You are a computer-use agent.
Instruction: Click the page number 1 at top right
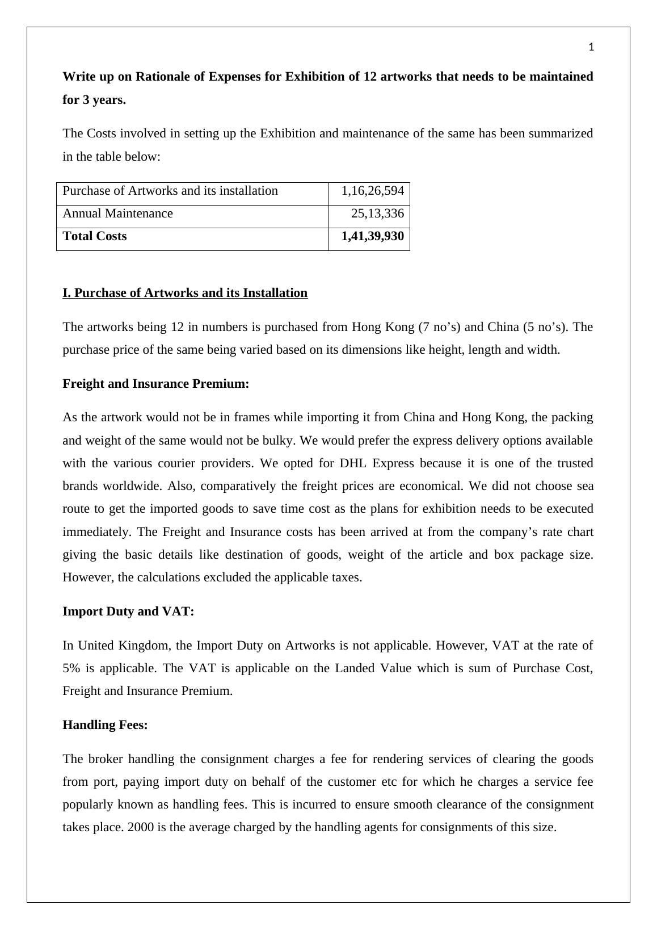591,48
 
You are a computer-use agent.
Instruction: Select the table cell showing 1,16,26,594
372,191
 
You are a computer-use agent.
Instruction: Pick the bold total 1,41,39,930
372,236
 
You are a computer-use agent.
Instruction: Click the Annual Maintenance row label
117,213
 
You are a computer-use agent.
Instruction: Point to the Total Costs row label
95,236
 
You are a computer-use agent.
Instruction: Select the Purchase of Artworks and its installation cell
170,191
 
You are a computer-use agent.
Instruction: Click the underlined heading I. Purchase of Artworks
185,293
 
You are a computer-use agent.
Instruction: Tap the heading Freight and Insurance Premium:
156,384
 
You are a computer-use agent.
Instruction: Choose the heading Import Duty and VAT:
128,611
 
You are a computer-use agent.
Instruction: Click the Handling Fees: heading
105,725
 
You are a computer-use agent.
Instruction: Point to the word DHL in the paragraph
353,463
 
